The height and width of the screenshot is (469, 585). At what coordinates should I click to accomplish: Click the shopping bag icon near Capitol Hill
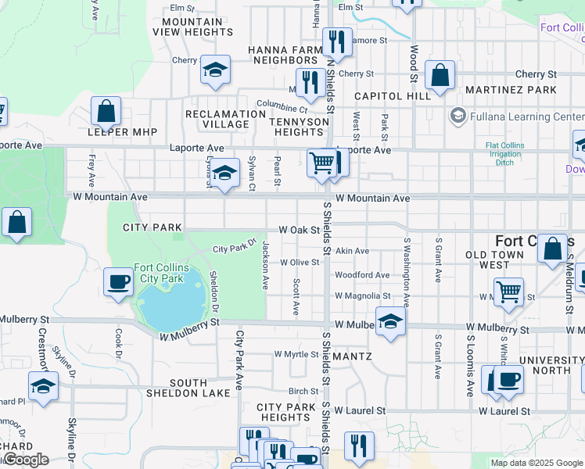[441, 77]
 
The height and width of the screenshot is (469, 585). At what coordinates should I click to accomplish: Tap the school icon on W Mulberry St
[390, 321]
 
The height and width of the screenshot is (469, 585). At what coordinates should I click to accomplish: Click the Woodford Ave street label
[362, 275]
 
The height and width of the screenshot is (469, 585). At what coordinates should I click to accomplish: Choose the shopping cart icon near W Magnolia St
[509, 293]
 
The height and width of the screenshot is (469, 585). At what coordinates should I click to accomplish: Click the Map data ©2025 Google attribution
[537, 463]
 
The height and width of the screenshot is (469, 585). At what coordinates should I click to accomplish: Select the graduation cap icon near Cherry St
[215, 70]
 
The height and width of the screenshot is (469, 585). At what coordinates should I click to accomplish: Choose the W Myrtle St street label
[295, 354]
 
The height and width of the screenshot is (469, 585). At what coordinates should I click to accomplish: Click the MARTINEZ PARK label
[511, 90]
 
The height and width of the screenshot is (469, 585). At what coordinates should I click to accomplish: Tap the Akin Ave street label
[352, 251]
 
